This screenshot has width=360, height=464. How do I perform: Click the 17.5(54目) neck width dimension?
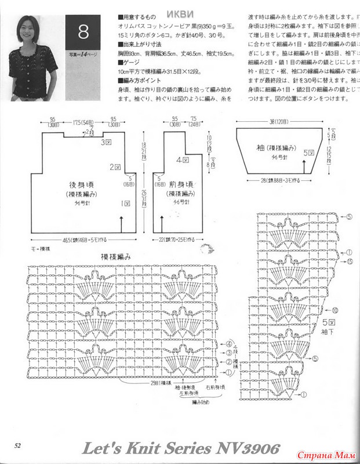pyautogui.click(x=84, y=123)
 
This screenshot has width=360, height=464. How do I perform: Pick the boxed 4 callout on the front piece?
pyautogui.click(x=181, y=158)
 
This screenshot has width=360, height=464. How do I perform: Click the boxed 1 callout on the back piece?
pyautogui.click(x=125, y=204)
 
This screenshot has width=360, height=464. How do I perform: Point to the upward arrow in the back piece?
pyautogui.click(x=121, y=223)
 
